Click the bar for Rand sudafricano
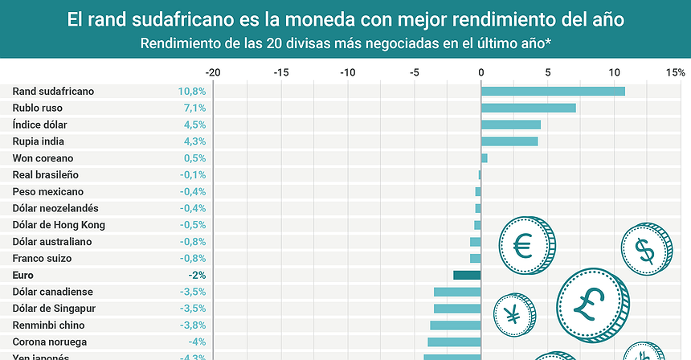point(553,91)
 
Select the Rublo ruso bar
point(528,108)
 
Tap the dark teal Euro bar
point(467,275)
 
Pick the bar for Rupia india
point(509,141)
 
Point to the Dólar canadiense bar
point(457,292)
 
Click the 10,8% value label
point(192,91)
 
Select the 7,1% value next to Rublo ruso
point(194,108)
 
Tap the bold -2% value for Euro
point(197,275)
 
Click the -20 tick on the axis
point(213,72)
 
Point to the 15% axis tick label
point(674,72)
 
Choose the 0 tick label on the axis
point(480,72)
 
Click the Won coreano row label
point(43,158)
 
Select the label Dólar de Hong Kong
point(59,225)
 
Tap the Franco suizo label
point(42,258)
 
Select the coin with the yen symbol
point(513,313)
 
